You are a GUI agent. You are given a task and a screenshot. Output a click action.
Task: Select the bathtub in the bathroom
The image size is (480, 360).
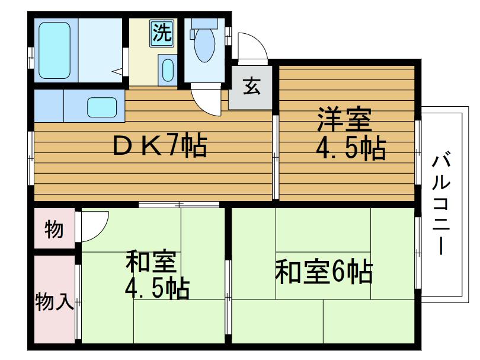point(54,50)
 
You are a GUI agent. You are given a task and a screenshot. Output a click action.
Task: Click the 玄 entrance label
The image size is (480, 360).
point(251,87)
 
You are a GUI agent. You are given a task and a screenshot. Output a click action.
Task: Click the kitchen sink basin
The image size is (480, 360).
point(103,107)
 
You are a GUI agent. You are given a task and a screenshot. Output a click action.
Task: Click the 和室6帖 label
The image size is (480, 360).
point(324,272)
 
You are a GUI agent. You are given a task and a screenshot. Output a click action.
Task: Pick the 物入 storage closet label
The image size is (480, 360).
point(54,302)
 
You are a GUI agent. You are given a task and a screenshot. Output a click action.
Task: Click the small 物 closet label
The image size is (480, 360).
point(54,229)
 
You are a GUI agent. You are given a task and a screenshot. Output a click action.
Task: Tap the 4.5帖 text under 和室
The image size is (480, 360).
point(156,289)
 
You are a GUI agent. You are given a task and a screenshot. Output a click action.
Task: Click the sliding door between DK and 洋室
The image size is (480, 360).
point(275,157)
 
